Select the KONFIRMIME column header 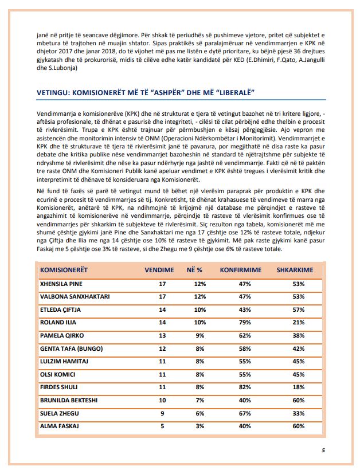pyautogui.click(x=240, y=269)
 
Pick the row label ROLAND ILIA pyautogui.click(x=58, y=323)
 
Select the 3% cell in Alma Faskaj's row pyautogui.click(x=200, y=426)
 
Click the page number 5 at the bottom pyautogui.click(x=323, y=451)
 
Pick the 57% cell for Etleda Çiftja pyautogui.click(x=298, y=309)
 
